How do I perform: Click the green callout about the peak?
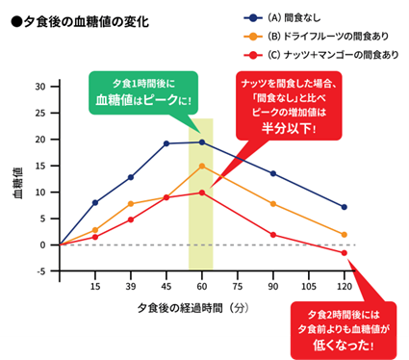pos(140,92)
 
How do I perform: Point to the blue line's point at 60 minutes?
pos(201,142)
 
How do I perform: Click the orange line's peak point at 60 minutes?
pos(201,166)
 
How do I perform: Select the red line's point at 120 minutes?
pos(344,252)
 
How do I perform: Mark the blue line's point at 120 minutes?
pos(344,207)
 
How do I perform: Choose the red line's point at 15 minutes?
pos(94,237)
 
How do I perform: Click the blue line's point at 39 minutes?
pos(131,177)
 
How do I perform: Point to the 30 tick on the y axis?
pos(41,87)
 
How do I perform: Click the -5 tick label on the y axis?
pos(41,271)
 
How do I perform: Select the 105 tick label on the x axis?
pos(308,287)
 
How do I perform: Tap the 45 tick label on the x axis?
pos(166,287)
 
